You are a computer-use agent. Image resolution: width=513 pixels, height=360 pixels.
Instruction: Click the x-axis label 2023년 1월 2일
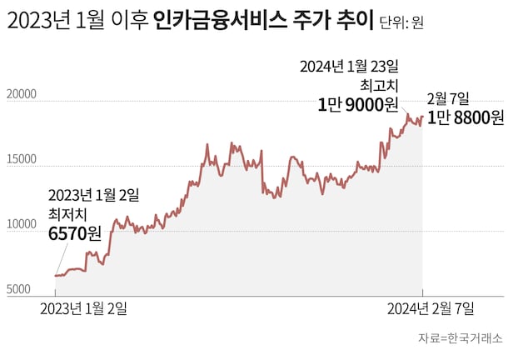coord(84,309)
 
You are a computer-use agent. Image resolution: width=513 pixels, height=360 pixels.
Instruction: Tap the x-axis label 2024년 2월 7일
coord(430,309)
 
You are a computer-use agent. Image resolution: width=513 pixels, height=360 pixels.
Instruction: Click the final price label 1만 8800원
coord(466,117)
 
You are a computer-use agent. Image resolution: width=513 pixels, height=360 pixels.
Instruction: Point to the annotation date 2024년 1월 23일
coord(349,65)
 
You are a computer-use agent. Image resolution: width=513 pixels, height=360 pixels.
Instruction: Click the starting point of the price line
coord(56,275)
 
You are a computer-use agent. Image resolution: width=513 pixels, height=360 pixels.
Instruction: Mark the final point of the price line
coord(422,117)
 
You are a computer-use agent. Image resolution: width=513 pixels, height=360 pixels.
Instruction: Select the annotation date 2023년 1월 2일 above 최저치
coord(93,195)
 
